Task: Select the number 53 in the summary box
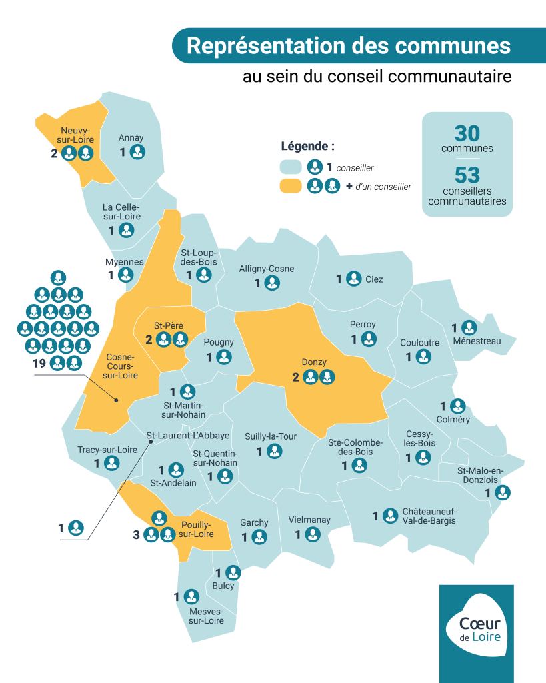pos(467,175)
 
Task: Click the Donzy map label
pos(314,362)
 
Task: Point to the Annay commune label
pos(131,138)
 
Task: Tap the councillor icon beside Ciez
pos(353,279)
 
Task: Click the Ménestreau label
pos(476,341)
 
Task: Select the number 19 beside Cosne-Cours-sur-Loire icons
pos(38,363)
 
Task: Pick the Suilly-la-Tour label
pos(271,436)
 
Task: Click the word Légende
pos(307,146)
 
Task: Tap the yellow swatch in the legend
pos(292,186)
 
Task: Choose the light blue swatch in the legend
pos(292,167)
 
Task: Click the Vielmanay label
pos(309,520)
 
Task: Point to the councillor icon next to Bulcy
pos(233,572)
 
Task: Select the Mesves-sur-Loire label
pos(206,616)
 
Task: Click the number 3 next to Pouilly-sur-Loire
pos(137,534)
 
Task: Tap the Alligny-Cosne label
pos(267,269)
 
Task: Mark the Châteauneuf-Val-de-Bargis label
pos(429,516)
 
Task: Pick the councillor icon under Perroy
pos(369,339)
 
